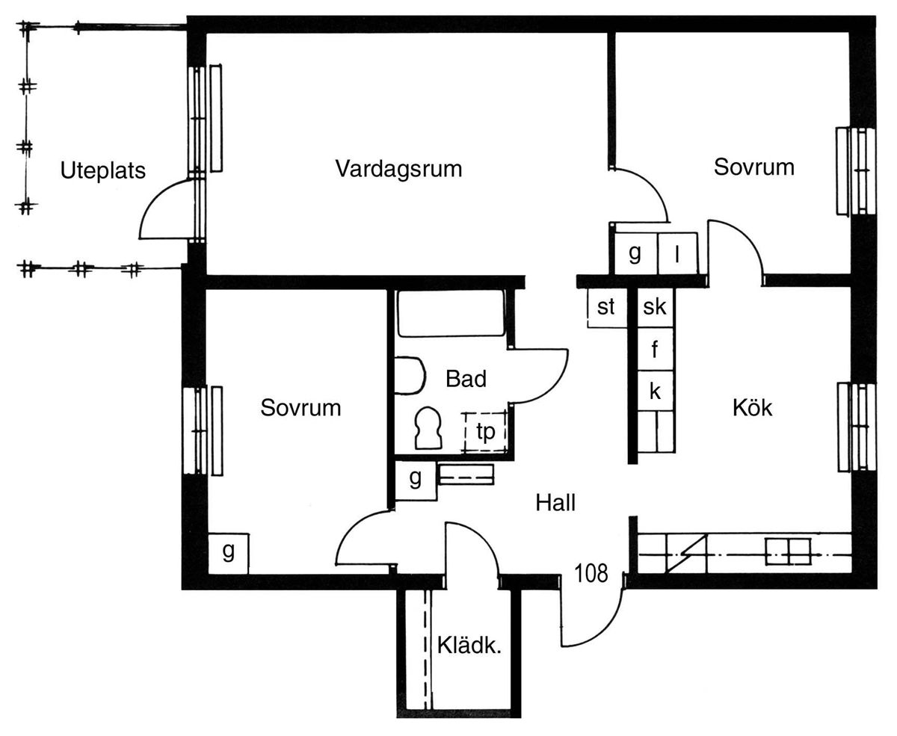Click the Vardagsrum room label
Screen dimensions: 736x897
pyautogui.click(x=398, y=168)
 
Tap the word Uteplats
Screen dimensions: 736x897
pyautogui.click(x=102, y=170)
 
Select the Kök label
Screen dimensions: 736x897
pyautogui.click(x=752, y=407)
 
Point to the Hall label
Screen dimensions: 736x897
pyautogui.click(x=555, y=503)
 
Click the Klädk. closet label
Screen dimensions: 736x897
pyautogui.click(x=469, y=646)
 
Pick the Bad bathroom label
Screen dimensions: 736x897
pyautogui.click(x=466, y=379)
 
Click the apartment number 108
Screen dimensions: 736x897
pyautogui.click(x=591, y=573)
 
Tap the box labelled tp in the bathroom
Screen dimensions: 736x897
pyautogui.click(x=485, y=432)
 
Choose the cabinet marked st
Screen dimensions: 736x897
pyautogui.click(x=606, y=307)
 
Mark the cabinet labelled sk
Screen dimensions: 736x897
pyautogui.click(x=655, y=307)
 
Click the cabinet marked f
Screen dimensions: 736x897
pyautogui.click(x=655, y=349)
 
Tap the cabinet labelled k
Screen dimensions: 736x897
pyautogui.click(x=655, y=391)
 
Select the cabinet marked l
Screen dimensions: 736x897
pyautogui.click(x=677, y=254)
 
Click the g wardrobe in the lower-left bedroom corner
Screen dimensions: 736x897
pyautogui.click(x=228, y=553)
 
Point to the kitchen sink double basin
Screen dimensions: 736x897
pyautogui.click(x=788, y=551)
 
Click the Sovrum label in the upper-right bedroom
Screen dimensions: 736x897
pyautogui.click(x=753, y=167)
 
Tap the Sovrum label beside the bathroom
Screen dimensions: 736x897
pyautogui.click(x=300, y=408)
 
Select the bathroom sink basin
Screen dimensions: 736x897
pyautogui.click(x=408, y=375)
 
